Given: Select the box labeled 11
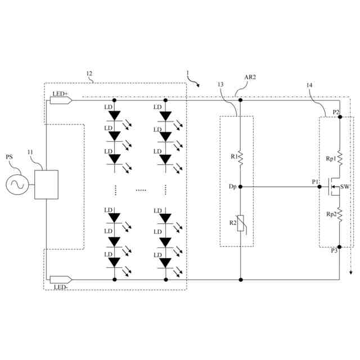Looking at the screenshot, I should click(47, 184).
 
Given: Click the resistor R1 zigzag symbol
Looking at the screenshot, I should click(240, 157).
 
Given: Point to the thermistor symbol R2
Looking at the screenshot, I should click(240, 224).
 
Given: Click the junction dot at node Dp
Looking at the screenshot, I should click(240, 186).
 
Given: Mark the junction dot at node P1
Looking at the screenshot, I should click(321, 186).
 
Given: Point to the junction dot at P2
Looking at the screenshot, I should click(340, 118).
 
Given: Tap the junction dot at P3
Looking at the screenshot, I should click(340, 246).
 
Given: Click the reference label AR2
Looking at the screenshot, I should click(250, 78).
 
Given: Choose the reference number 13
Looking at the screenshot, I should click(220, 85).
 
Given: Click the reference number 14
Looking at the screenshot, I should click(310, 85).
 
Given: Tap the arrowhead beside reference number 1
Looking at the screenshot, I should click(197, 84).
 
